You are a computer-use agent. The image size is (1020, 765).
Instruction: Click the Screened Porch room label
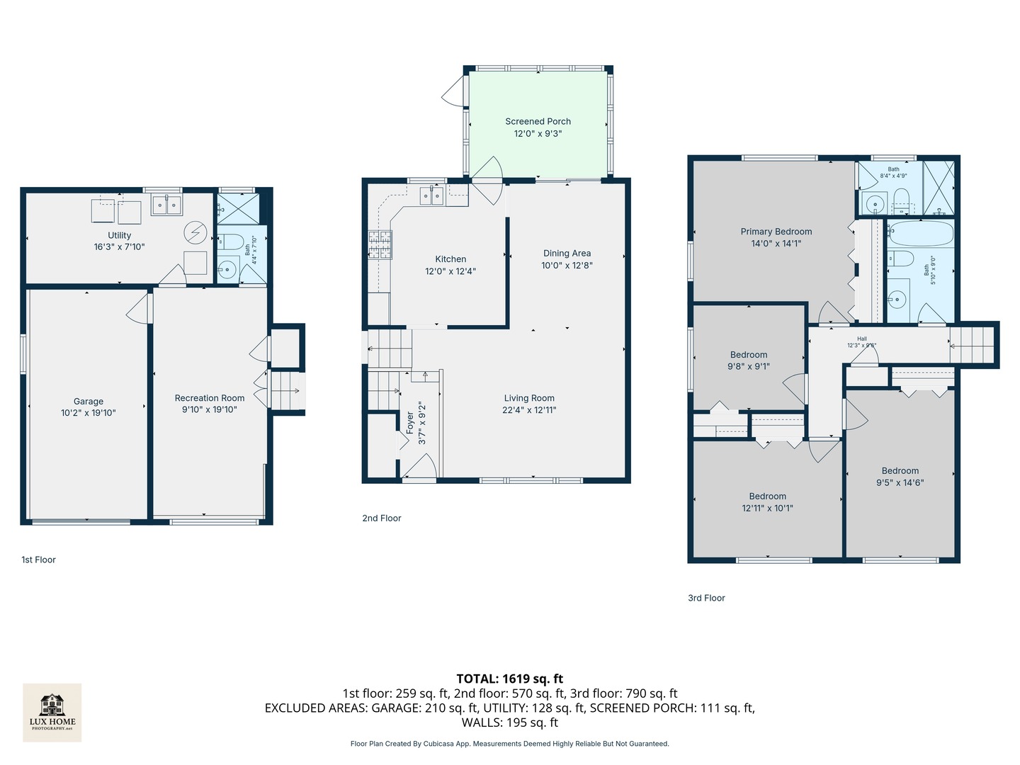(x=538, y=121)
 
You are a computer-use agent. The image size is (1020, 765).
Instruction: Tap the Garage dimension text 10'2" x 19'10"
(x=88, y=413)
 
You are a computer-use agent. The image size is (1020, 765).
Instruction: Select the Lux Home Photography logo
(x=52, y=713)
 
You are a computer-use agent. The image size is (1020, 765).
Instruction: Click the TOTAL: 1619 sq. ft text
(x=509, y=679)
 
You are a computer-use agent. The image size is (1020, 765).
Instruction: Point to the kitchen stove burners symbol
(x=380, y=245)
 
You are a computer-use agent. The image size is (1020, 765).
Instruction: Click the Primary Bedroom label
(x=776, y=232)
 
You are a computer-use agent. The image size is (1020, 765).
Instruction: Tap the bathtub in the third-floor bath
(x=920, y=233)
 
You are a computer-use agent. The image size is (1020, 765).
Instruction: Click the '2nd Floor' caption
(x=381, y=518)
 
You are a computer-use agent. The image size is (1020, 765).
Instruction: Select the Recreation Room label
(x=209, y=398)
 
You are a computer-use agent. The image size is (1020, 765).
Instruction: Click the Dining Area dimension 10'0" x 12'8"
(x=567, y=266)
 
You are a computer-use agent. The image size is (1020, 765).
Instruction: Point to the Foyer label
(x=410, y=423)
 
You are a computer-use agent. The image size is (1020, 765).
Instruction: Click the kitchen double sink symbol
(x=431, y=195)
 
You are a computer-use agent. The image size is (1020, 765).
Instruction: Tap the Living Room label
(x=529, y=398)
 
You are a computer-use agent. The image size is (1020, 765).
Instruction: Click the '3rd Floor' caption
(x=706, y=598)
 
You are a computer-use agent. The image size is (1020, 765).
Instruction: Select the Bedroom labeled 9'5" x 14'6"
(x=900, y=471)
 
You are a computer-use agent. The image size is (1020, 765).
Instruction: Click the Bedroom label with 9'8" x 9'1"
(x=748, y=355)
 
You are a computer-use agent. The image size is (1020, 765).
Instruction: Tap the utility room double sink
(x=166, y=205)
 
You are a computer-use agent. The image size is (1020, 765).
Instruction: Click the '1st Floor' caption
(x=38, y=560)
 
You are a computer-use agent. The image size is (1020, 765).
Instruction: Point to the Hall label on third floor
(x=862, y=339)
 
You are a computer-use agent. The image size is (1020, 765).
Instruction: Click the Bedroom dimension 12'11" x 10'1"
(x=767, y=508)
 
